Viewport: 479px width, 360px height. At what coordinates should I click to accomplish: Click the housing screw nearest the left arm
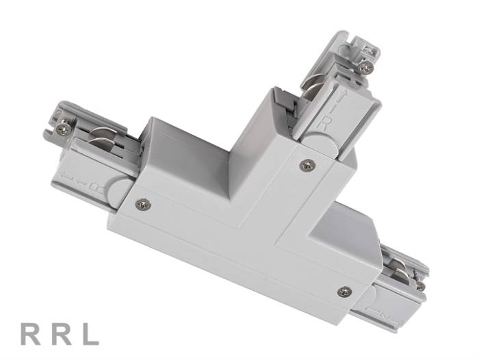(x=142, y=204)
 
